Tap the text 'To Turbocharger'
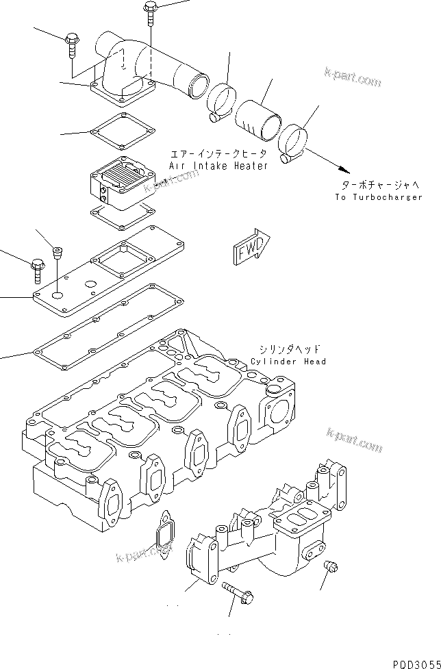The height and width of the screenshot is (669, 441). [x=379, y=197]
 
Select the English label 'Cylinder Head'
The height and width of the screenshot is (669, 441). [x=288, y=361]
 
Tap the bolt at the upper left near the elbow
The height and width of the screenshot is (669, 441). [x=72, y=45]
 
